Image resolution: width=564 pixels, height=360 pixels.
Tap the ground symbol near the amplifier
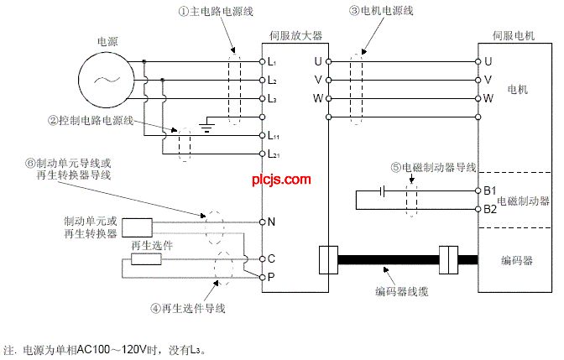pos(206,127)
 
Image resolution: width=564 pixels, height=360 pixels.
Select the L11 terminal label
pos(274,135)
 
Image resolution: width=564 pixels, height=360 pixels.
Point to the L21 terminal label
pos(274,155)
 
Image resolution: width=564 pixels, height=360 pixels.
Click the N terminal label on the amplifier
pos(271,222)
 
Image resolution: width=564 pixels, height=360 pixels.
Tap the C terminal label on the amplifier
pos(271,259)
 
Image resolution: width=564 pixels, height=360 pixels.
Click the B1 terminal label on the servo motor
pos(490,190)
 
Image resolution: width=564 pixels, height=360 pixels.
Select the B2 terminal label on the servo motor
pos(490,208)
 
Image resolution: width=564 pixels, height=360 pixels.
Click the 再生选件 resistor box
pos(146,259)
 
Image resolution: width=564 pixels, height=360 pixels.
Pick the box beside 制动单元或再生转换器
pos(137,227)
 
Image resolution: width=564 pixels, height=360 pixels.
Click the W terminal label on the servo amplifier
pos(317,98)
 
